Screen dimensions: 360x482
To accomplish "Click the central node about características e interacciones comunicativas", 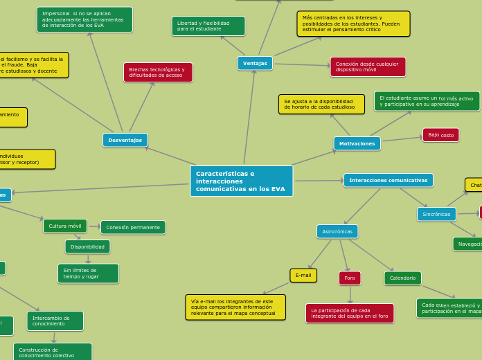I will point(241,181).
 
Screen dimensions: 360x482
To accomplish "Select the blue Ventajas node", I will point(255,63).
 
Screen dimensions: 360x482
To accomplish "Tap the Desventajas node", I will point(125,140).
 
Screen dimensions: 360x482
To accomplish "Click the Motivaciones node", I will point(357,143).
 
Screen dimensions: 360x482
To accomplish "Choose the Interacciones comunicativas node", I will point(388,180).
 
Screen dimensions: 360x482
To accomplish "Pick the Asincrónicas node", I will point(337,231).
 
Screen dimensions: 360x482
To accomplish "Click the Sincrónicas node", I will point(436,214).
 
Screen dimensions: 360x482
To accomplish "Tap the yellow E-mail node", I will point(303,275).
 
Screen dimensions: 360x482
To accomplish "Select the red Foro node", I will point(350,278).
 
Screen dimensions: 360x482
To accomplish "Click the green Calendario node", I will point(402,278).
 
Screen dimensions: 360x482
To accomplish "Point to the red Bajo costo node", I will point(440,135).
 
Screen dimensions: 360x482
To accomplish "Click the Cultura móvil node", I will point(65,226).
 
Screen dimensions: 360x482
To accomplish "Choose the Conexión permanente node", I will point(133,227).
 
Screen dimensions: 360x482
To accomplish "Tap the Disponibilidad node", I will point(87,246).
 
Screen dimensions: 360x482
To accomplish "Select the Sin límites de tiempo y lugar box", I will point(88,273).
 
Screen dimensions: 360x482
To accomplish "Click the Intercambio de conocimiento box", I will point(55,321).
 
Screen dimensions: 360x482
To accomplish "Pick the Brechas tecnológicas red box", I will point(158,72).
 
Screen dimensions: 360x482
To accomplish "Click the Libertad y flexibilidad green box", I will point(208,26).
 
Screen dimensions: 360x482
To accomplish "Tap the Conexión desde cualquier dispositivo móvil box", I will point(368,66).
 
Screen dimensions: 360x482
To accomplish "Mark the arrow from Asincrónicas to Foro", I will point(344,255).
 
